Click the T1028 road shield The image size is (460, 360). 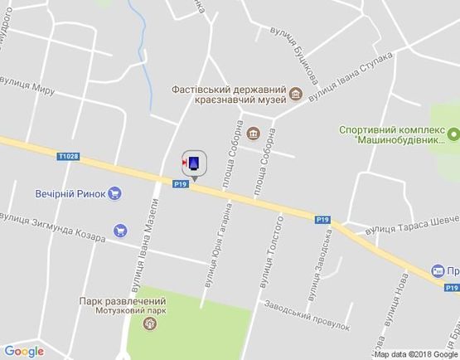pyautogui.click(x=68, y=155)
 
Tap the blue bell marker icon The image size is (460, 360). pyautogui.click(x=194, y=163)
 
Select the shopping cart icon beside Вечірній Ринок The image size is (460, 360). pyautogui.click(x=114, y=193)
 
